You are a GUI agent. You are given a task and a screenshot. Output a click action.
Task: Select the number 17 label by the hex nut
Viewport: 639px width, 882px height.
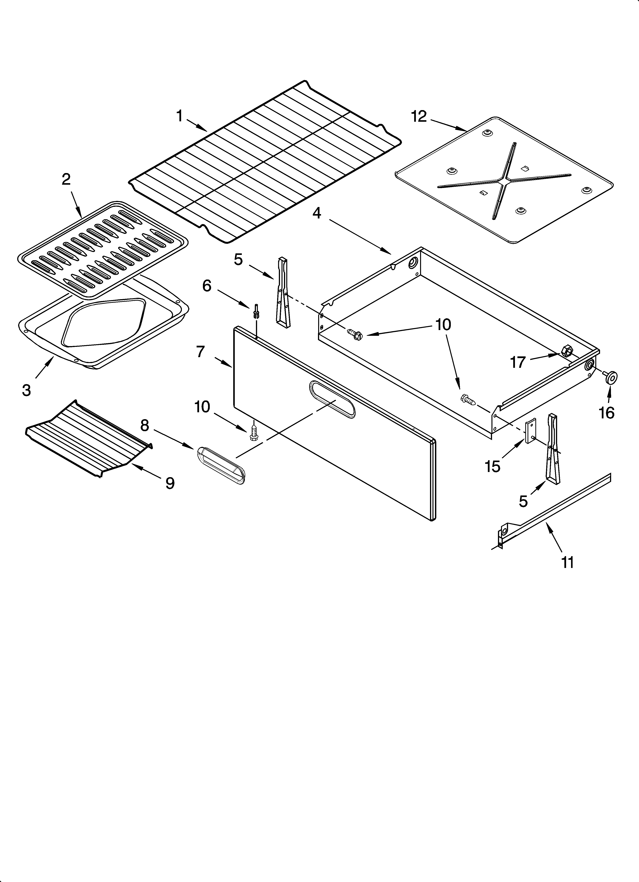point(518,362)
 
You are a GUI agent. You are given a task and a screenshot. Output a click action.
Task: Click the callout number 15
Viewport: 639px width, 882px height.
point(493,466)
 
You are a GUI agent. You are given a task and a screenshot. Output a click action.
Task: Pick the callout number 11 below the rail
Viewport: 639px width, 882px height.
point(568,562)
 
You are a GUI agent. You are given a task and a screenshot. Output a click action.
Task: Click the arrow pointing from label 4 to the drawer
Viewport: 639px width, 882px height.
point(360,236)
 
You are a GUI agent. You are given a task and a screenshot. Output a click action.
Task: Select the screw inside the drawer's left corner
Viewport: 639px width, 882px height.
point(354,333)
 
